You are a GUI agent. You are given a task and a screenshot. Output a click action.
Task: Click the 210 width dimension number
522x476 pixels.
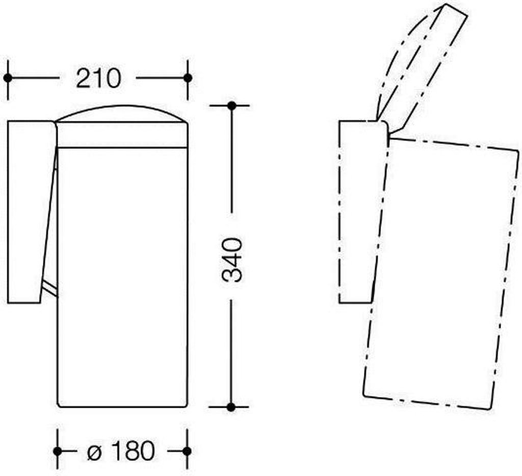tap(98, 78)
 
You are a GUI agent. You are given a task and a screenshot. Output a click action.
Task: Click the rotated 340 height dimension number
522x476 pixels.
tap(232, 260)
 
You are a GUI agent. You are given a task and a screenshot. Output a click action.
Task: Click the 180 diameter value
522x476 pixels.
tap(133, 451)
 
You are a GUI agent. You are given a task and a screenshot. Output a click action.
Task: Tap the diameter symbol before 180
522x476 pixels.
tap(94, 452)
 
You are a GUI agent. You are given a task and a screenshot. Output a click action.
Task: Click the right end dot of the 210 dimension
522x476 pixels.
tap(188, 78)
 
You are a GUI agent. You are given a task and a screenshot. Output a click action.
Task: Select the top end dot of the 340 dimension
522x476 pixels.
tap(232, 106)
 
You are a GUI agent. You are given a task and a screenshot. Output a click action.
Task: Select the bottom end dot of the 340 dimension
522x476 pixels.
tap(231, 407)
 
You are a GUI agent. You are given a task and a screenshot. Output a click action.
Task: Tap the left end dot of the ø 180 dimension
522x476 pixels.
tap(58, 452)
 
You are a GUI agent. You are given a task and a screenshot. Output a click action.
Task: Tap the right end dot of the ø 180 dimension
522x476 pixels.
tap(187, 452)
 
